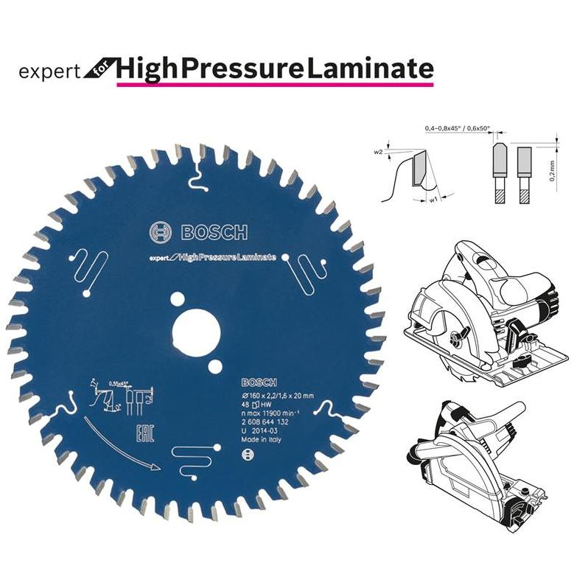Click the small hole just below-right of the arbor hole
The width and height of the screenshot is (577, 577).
[x=214, y=367]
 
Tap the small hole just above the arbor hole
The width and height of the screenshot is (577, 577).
[x=178, y=299]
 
